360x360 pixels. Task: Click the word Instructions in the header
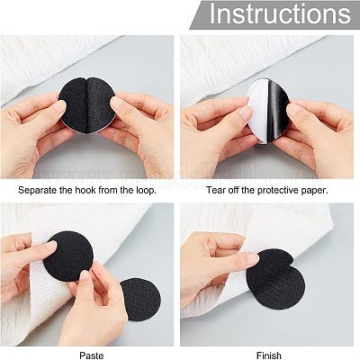point(280,13)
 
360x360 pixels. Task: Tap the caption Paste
point(92,355)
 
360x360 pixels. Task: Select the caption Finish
point(269,355)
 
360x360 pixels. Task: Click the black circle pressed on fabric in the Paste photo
point(69,256)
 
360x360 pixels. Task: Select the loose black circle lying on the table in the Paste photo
point(141,297)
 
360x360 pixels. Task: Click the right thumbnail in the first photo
point(117,103)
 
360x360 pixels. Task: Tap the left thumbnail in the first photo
point(60,106)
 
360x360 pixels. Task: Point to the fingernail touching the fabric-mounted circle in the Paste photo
point(50,246)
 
